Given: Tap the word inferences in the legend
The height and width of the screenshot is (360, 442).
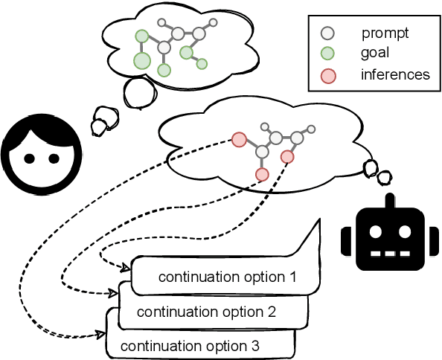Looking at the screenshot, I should click(x=394, y=74).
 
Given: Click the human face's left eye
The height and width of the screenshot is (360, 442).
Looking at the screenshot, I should click(x=28, y=158).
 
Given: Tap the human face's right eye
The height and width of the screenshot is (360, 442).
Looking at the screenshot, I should click(x=54, y=158).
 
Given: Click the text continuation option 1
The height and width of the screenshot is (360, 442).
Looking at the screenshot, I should click(x=227, y=277).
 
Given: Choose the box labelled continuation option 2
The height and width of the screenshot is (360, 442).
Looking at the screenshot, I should click(x=206, y=312).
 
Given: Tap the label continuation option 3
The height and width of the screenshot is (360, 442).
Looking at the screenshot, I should click(x=190, y=346).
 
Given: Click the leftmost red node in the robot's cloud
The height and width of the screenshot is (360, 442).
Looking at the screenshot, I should click(x=239, y=139).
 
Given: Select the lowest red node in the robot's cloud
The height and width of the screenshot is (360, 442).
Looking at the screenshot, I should click(x=262, y=174).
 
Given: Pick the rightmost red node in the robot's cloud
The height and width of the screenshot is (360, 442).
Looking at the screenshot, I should click(x=288, y=156).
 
